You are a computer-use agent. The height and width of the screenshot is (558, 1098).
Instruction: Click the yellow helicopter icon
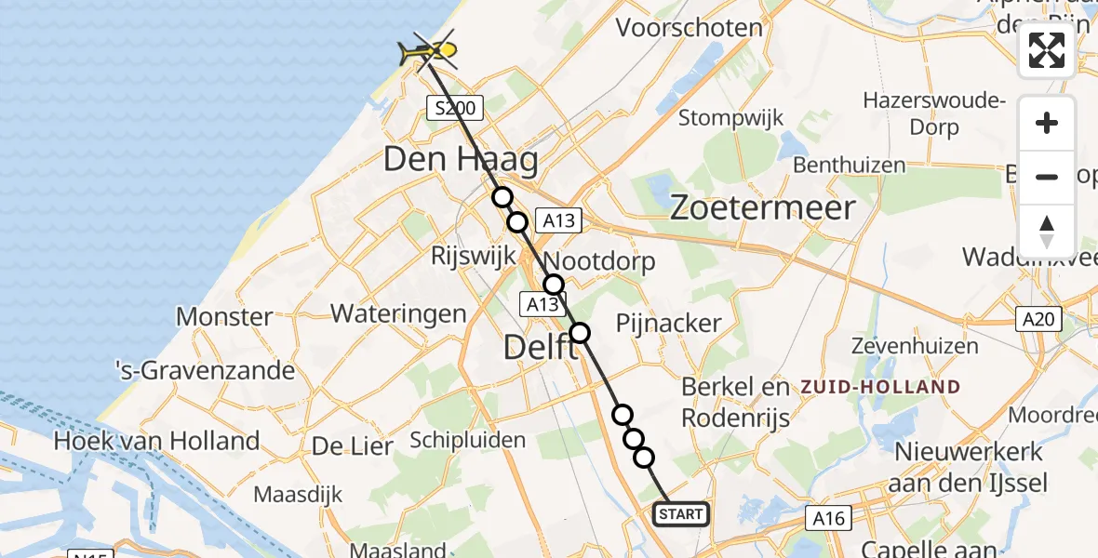[427, 51]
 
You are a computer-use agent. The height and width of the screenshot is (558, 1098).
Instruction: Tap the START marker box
[681, 514]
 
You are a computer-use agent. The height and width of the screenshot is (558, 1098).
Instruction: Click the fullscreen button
[1047, 50]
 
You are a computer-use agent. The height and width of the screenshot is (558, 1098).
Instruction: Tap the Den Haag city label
[461, 160]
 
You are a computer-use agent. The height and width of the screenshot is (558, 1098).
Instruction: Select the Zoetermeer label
[762, 207]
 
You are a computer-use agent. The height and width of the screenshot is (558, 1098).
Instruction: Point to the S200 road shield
[455, 109]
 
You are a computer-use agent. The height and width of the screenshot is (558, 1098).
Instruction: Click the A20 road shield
[1038, 320]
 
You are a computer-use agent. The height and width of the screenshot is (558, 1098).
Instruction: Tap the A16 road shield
[827, 517]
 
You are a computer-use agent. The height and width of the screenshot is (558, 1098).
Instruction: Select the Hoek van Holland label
[156, 440]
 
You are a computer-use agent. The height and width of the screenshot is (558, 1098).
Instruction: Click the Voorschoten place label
[690, 28]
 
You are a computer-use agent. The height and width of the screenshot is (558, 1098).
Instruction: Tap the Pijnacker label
[669, 324]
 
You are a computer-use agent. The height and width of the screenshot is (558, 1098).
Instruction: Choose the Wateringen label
[398, 313]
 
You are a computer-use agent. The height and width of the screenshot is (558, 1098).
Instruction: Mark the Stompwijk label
[730, 118]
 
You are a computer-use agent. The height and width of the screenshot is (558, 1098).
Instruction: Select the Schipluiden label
[467, 440]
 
